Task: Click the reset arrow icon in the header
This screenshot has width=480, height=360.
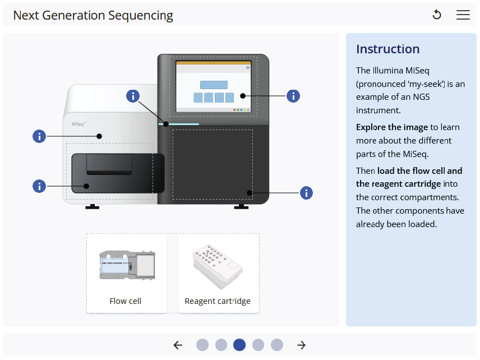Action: tap(437, 15)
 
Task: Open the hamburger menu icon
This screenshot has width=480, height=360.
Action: tap(463, 15)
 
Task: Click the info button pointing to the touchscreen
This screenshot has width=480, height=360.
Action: tap(293, 96)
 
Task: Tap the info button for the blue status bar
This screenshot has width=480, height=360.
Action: tap(133, 96)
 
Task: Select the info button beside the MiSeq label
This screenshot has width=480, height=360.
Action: tap(39, 136)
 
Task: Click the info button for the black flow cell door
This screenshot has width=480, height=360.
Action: tap(39, 186)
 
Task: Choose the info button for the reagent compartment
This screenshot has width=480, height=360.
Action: tap(306, 193)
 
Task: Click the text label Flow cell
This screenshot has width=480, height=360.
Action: tap(126, 301)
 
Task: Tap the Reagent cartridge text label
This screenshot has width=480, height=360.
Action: tap(218, 301)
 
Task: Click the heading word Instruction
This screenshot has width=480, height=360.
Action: tap(387, 49)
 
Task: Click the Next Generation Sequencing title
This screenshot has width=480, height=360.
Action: tap(93, 15)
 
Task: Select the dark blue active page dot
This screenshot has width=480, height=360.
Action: tap(239, 345)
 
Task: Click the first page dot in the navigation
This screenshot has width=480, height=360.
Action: tap(202, 345)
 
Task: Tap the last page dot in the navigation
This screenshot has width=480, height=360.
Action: tap(277, 345)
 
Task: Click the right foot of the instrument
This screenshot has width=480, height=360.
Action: tap(241, 207)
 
